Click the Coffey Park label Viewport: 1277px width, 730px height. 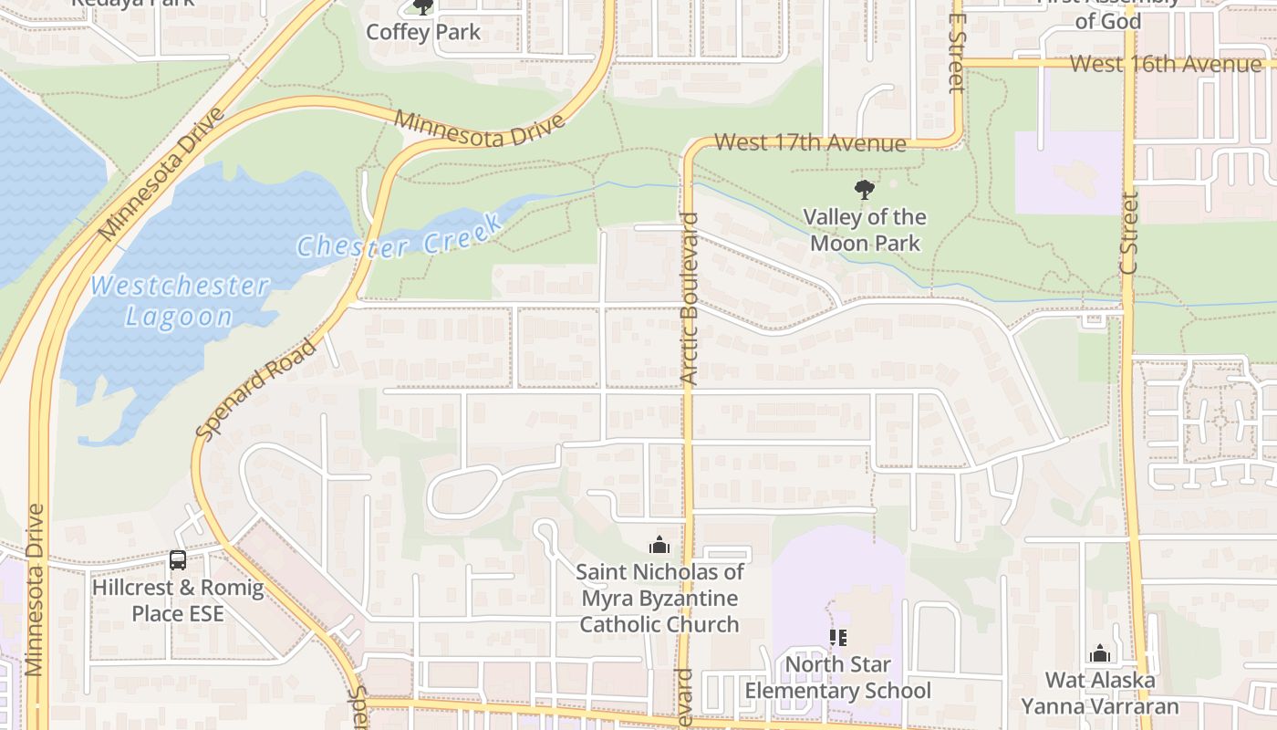(423, 32)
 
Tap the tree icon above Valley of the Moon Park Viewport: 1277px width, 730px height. (864, 190)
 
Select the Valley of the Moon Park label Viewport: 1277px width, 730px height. (864, 230)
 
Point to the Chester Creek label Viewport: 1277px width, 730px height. (399, 237)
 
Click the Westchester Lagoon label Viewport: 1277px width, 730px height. (179, 301)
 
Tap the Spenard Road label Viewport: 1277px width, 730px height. (257, 390)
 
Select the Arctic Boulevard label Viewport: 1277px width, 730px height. (689, 298)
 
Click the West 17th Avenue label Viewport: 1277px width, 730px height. (810, 142)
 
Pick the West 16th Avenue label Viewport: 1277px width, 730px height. (1165, 64)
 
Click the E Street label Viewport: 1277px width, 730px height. (955, 53)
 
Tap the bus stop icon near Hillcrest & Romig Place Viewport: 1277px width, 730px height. (178, 560)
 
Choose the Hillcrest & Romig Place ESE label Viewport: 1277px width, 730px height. (178, 600)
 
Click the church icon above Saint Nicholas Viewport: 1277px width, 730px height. (659, 546)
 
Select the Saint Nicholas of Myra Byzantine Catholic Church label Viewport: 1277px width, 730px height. (659, 599)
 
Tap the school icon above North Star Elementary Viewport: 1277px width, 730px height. (837, 638)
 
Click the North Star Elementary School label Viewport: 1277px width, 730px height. (837, 677)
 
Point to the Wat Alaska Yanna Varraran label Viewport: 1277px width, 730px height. (1099, 693)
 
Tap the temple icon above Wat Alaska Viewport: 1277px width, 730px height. (1099, 653)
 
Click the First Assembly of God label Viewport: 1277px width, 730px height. (1107, 13)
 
